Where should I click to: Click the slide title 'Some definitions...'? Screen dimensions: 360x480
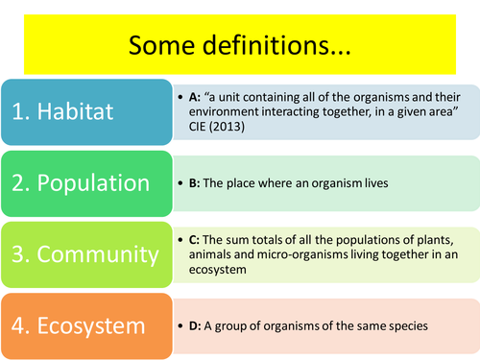pos(239,45)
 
